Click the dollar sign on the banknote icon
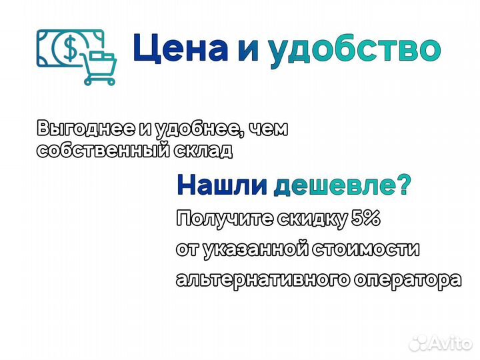click(69, 47)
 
